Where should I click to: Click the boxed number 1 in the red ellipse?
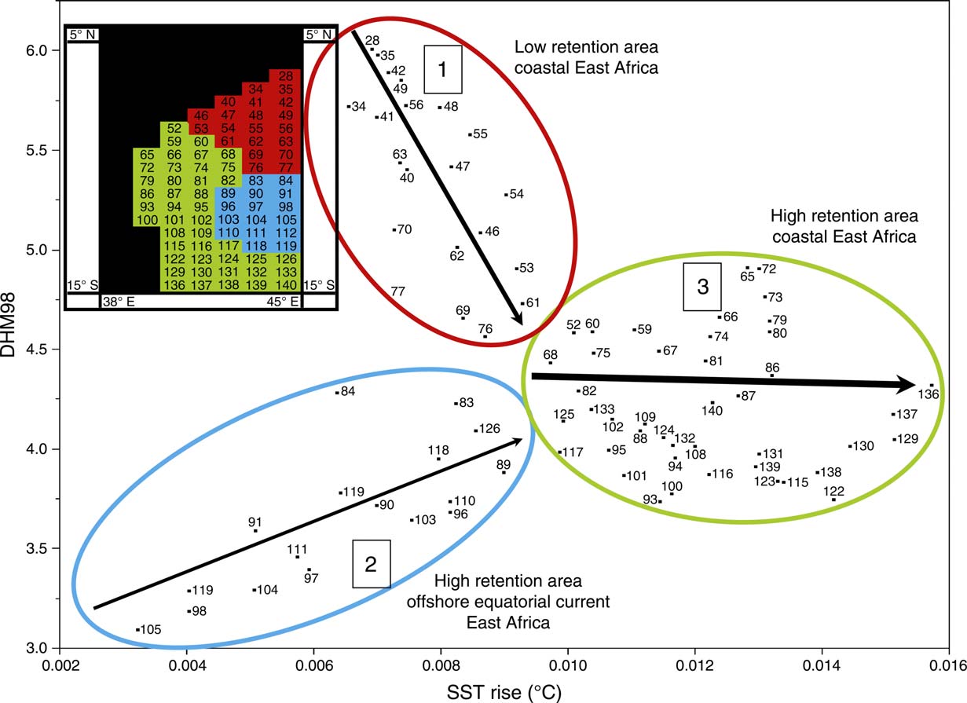[441, 69]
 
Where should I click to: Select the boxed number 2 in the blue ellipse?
[371, 563]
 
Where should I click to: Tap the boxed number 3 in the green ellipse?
[702, 287]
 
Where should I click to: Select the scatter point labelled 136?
[931, 386]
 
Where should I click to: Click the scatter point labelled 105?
[137, 630]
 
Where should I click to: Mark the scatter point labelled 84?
[337, 392]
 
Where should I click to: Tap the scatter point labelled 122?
[833, 500]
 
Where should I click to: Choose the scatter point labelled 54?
[507, 194]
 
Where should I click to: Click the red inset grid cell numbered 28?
[286, 76]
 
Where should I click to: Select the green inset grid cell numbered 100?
[147, 219]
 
